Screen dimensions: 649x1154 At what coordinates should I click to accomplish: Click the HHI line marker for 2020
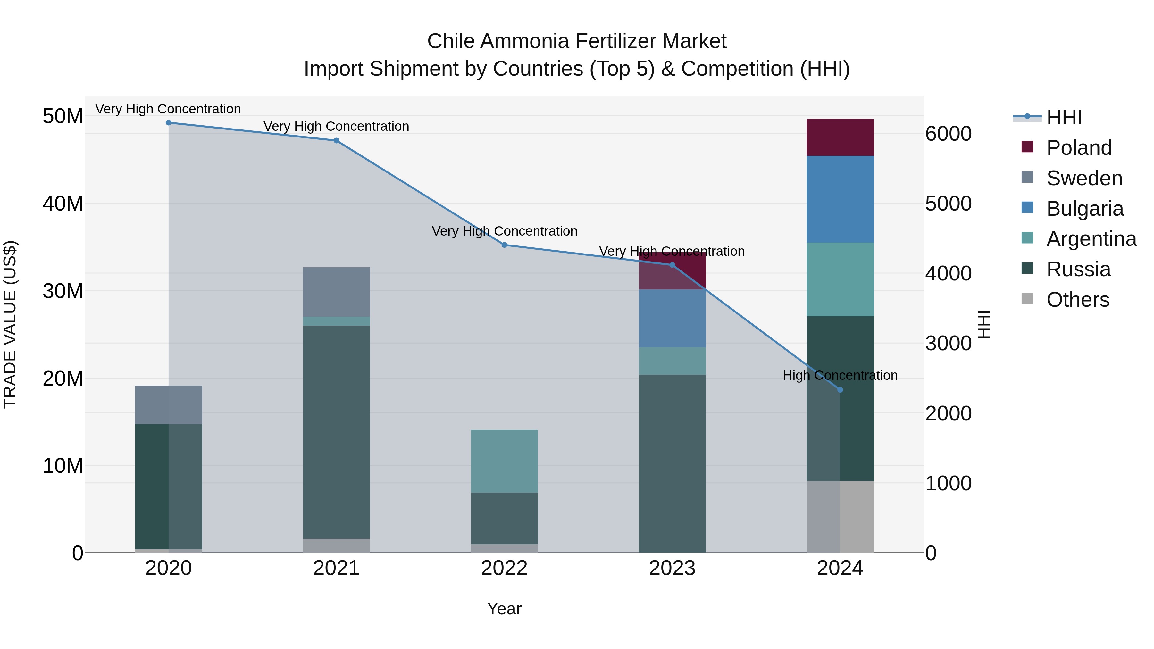coord(168,123)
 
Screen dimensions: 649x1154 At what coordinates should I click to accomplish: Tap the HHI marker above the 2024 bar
coord(840,390)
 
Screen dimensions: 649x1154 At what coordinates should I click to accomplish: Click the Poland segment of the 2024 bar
coord(840,137)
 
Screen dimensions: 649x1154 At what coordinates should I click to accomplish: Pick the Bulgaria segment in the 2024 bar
coord(840,199)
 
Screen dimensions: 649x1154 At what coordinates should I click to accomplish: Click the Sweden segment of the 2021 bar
coord(337,292)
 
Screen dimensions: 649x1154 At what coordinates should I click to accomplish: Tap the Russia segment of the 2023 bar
coord(672,463)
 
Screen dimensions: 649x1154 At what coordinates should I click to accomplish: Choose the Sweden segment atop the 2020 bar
coord(168,404)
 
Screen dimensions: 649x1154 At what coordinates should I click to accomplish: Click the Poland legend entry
coord(1079,148)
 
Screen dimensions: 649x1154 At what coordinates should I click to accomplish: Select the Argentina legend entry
coord(1091,239)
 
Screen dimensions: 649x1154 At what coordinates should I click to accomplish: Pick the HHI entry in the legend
coord(1064,117)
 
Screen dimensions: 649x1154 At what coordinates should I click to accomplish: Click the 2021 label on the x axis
coord(337,568)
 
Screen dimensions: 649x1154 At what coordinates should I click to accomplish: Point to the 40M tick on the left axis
coord(63,204)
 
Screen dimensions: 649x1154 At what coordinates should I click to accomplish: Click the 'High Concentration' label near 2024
coord(840,375)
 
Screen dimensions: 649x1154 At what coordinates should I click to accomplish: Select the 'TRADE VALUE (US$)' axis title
coord(10,324)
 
